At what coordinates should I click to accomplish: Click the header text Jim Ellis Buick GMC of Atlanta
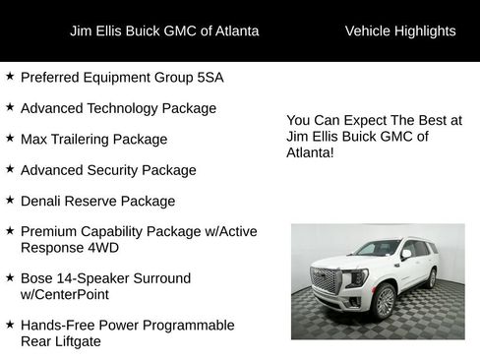(164, 31)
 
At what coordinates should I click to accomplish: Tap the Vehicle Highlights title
(400, 31)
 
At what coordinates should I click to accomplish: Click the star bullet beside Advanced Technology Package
(10, 107)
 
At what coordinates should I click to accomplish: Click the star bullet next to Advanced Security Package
(10, 169)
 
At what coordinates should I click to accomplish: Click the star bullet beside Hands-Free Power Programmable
(10, 325)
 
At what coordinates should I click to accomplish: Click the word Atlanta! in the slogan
(311, 153)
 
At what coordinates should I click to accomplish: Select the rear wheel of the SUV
(431, 278)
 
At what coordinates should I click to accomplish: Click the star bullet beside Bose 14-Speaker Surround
(10, 277)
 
